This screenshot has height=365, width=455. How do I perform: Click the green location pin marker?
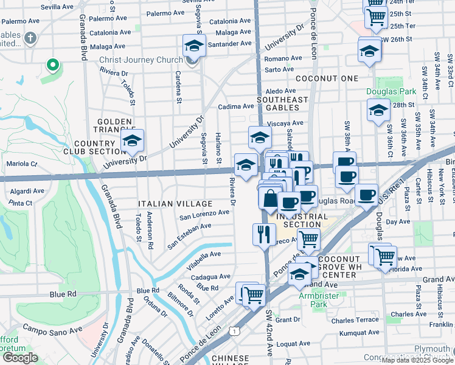pos(53,64)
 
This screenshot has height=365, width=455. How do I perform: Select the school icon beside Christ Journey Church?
pos(193,47)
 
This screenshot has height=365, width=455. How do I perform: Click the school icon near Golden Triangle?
pos(132,142)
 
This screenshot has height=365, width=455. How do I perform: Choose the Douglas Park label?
pos(391,92)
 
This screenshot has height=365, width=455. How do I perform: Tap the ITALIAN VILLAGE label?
pos(175,204)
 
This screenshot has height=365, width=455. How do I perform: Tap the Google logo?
pos(20,358)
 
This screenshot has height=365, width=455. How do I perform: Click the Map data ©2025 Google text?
pos(417,360)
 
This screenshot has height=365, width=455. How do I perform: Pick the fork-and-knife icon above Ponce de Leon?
pos(264,234)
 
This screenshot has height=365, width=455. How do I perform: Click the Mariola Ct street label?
pos(21,164)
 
